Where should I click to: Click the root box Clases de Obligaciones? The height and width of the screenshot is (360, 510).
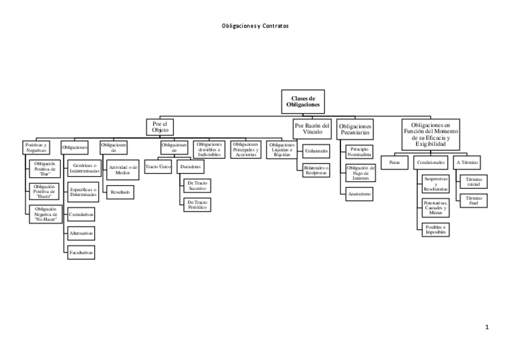tap(303, 101)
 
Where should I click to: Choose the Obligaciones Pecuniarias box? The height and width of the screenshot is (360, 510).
tap(355, 129)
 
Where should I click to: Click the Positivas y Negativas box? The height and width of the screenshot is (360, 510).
tap(37, 147)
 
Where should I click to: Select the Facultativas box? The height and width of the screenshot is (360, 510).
tap(81, 253)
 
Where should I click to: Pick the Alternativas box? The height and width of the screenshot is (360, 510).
tap(81, 233)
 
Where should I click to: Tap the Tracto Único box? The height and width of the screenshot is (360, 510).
tap(159, 165)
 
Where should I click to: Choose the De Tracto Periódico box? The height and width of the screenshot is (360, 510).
tap(197, 205)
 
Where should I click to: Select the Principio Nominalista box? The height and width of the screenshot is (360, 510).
tap(360, 151)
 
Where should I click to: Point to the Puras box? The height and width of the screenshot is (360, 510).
tap(395, 162)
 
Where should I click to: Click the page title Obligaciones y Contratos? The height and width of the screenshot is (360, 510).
tap(255, 26)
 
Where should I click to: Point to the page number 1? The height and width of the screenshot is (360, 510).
tap(487, 328)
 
